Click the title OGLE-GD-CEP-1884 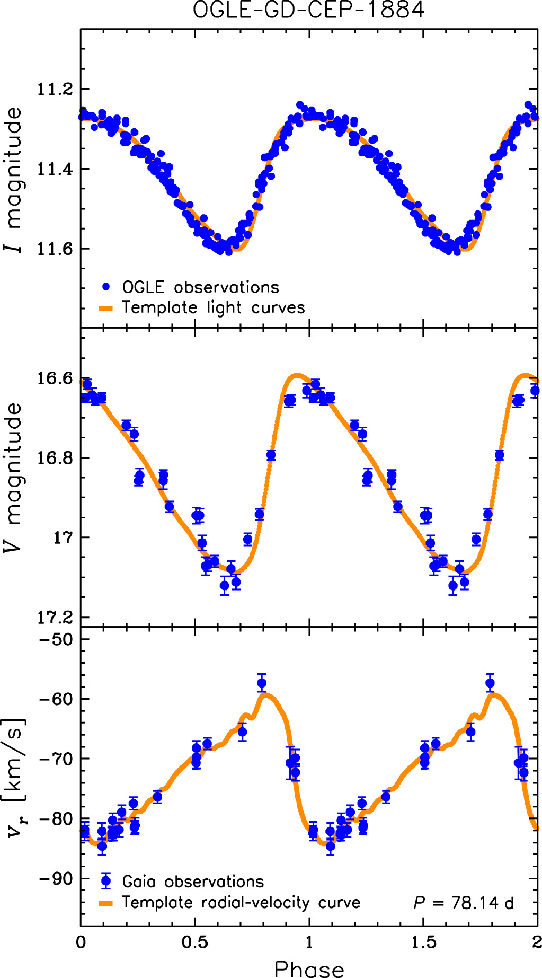pyautogui.click(x=308, y=10)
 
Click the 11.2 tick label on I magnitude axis pyautogui.click(x=55, y=89)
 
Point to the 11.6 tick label pyautogui.click(x=55, y=249)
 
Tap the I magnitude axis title pyautogui.click(x=14, y=180)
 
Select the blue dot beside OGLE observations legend pyautogui.click(x=106, y=287)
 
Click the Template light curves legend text pyautogui.click(x=214, y=307)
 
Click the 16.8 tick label pyautogui.click(x=55, y=457)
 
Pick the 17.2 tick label pyautogui.click(x=55, y=617)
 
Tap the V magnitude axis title pyautogui.click(x=14, y=477)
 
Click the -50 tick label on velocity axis pyautogui.click(x=56, y=639)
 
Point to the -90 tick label pyautogui.click(x=56, y=878)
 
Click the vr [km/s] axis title pyautogui.click(x=15, y=778)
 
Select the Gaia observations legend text pyautogui.click(x=193, y=882)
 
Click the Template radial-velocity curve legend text pyautogui.click(x=241, y=902)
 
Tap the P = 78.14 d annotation pyautogui.click(x=464, y=902)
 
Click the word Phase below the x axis pyautogui.click(x=309, y=969)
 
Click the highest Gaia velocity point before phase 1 pyautogui.click(x=262, y=683)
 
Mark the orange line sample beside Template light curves pyautogui.click(x=106, y=308)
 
